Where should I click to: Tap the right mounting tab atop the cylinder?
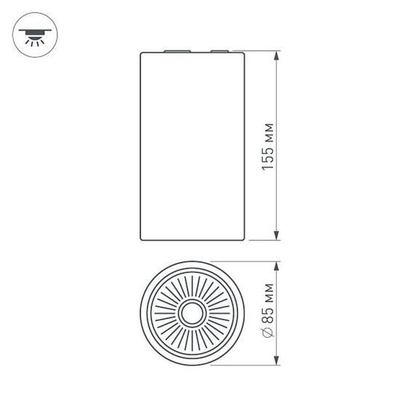(219, 52)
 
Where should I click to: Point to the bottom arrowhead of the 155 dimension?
(276, 234)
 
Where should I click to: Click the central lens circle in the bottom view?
(192, 314)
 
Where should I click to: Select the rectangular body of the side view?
(192, 145)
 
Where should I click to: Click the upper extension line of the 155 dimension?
(261, 52)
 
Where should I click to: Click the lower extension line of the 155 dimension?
(261, 239)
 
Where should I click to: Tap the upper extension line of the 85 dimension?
(247, 262)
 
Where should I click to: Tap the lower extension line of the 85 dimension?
(247, 365)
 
